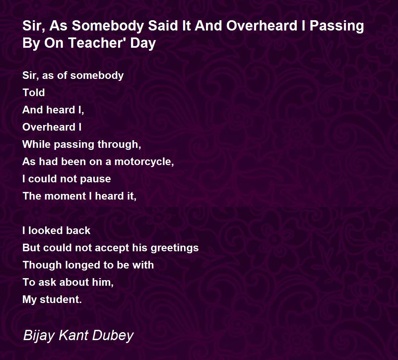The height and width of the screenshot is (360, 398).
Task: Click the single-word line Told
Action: (x=34, y=92)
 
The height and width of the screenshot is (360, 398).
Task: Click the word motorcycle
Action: (x=144, y=162)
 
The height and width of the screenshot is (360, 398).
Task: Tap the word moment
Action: (x=65, y=196)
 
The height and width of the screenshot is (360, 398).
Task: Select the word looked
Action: (x=45, y=230)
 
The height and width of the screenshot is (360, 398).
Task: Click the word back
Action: (x=78, y=230)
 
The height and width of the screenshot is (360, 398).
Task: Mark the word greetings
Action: (x=174, y=248)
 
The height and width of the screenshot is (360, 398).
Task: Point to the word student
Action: (x=61, y=300)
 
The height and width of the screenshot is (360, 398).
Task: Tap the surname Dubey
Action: (x=113, y=336)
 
